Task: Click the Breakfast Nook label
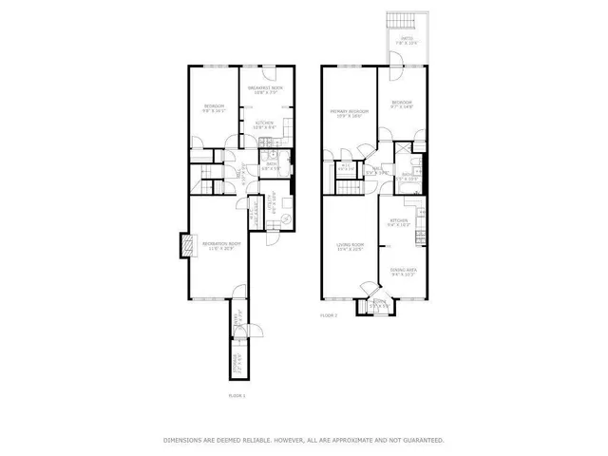click(x=267, y=89)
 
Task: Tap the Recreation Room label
click(x=219, y=246)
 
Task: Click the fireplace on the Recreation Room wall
click(x=184, y=246)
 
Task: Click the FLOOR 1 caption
click(x=237, y=394)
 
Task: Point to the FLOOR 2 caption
click(x=329, y=314)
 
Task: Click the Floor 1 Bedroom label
click(x=213, y=106)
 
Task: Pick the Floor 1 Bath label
click(x=271, y=165)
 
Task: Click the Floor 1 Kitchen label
click(x=264, y=124)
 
